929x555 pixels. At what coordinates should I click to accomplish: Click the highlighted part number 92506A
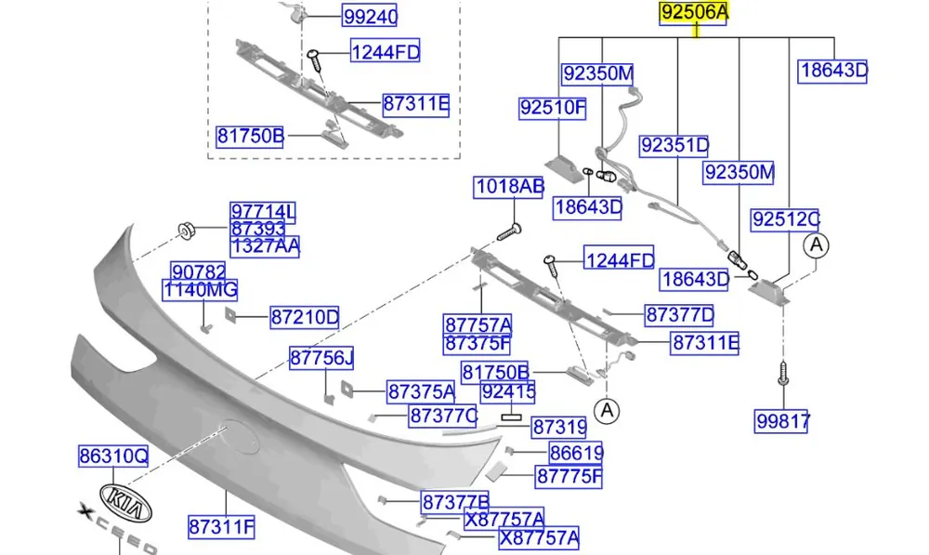click(x=694, y=12)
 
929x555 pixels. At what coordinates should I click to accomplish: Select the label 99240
click(x=370, y=16)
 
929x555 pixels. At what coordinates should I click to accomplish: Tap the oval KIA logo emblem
click(x=125, y=503)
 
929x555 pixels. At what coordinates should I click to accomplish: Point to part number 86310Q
click(x=113, y=456)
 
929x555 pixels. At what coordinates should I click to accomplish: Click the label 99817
click(x=782, y=421)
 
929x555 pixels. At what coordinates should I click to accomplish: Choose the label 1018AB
click(x=509, y=187)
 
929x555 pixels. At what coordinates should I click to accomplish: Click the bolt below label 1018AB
click(x=509, y=231)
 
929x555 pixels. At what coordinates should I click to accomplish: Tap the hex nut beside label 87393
click(x=186, y=230)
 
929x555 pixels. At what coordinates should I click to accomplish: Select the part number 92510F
click(x=552, y=108)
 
